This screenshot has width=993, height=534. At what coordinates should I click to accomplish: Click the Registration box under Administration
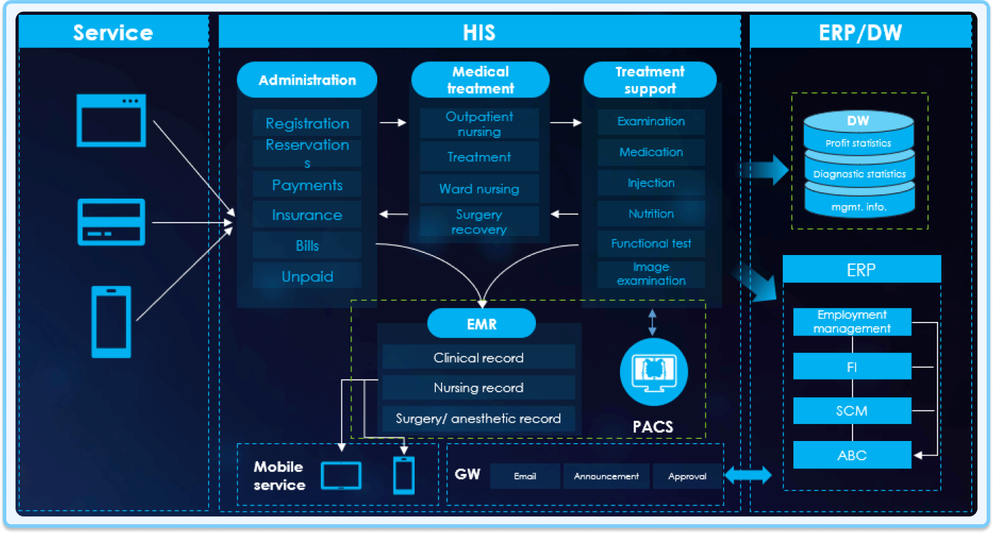[x=307, y=123]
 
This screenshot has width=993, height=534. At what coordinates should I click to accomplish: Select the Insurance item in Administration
[x=307, y=216]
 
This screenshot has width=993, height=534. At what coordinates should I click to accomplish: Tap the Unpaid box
[x=307, y=276]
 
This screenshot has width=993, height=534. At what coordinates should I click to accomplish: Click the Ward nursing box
[x=479, y=189]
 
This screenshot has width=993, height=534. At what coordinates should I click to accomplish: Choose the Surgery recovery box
[x=479, y=222]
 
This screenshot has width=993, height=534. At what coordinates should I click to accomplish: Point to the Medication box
[x=651, y=152]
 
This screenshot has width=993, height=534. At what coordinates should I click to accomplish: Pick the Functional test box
[x=651, y=244]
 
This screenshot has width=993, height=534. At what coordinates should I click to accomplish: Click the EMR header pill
[x=482, y=324]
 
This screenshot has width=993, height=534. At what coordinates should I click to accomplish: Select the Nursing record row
[x=478, y=387]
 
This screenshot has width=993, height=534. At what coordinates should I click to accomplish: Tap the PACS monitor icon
[x=653, y=371]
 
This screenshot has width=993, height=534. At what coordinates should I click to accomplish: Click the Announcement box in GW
[x=607, y=476]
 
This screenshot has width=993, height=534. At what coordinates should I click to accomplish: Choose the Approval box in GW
[x=687, y=476]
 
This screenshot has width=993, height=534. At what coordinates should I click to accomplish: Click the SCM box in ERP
[x=852, y=411]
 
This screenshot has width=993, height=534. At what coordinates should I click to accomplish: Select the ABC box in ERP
[x=852, y=455]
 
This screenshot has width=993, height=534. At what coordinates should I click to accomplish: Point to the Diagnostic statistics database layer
[x=859, y=173]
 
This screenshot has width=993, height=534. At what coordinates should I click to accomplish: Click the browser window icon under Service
[x=111, y=120]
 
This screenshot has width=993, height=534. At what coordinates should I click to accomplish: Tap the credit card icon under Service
[x=111, y=222]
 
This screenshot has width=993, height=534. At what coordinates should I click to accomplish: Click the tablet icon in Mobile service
[x=341, y=476]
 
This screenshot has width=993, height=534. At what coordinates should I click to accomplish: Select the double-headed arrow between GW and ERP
[x=748, y=476]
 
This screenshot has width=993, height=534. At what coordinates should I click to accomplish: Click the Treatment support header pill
[x=650, y=80]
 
